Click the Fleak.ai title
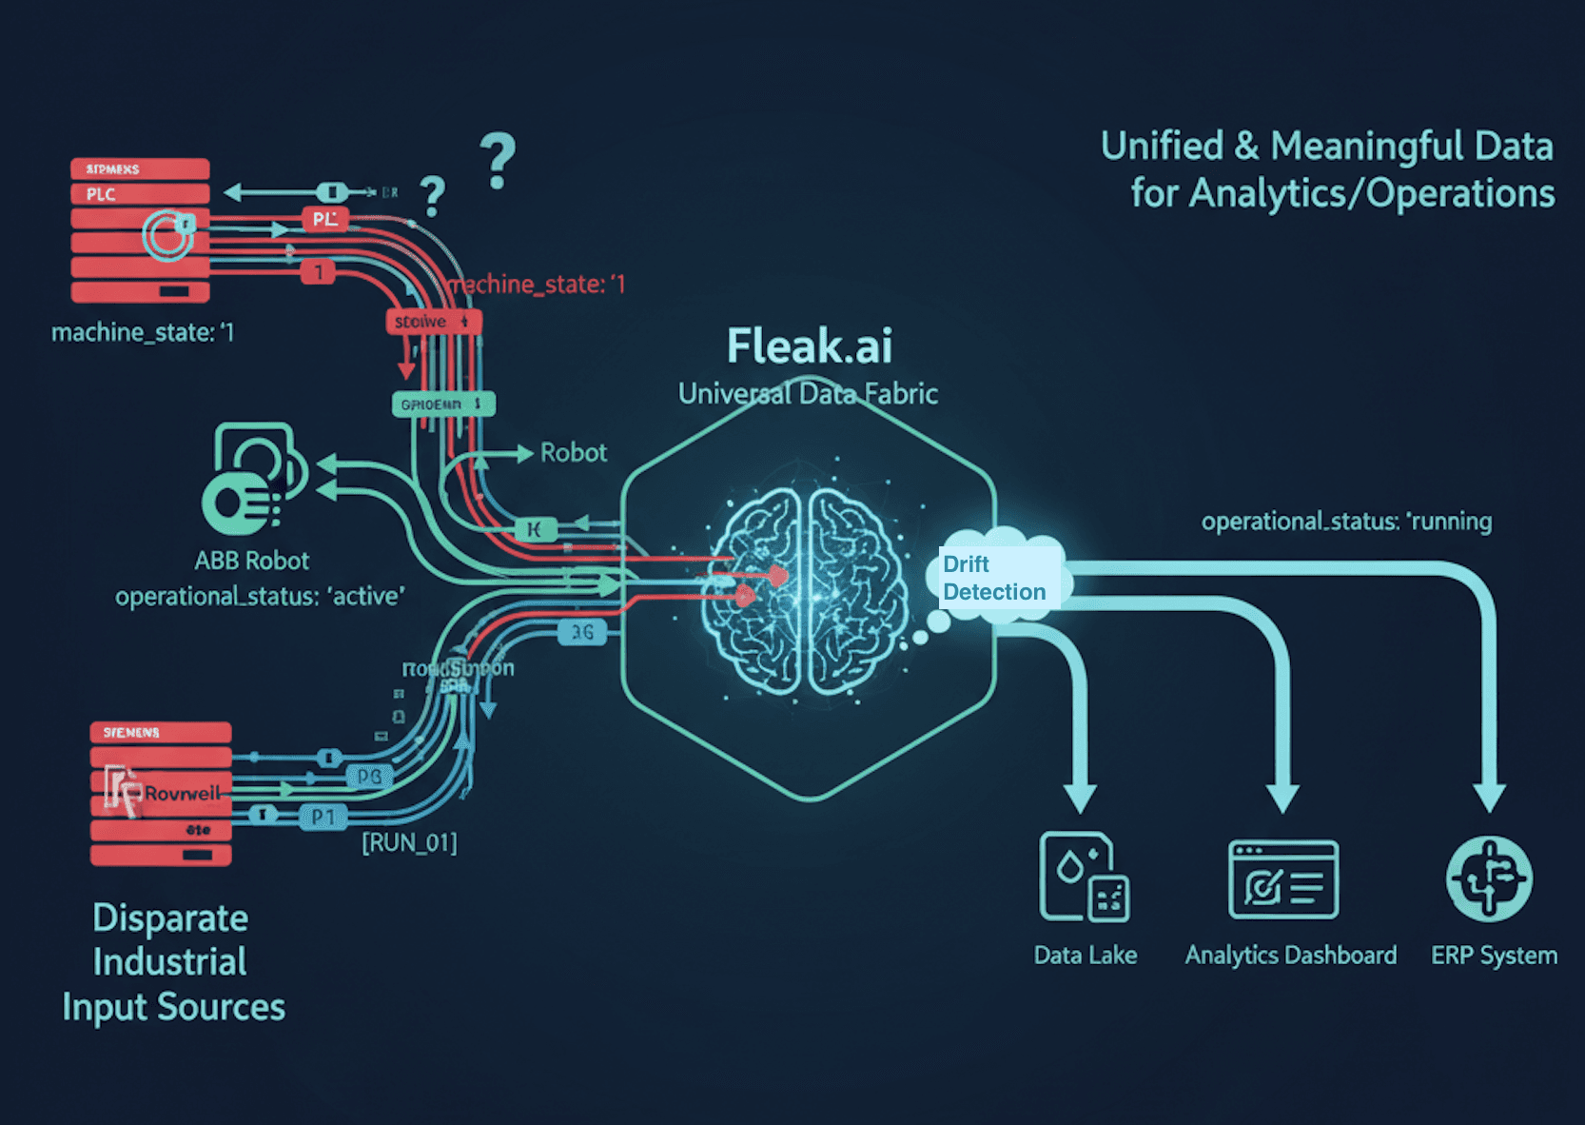tap(809, 346)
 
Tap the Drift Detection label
tap(994, 578)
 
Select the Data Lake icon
tap(1084, 877)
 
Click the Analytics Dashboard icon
tap(1282, 879)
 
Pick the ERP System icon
tap(1489, 878)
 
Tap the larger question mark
tap(498, 161)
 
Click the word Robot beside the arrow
tap(573, 453)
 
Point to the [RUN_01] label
tap(409, 843)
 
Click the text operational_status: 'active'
tap(260, 597)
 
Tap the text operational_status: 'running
tap(1346, 522)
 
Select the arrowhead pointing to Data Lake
tap(1080, 798)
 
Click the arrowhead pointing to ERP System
tap(1489, 796)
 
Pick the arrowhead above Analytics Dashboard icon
tap(1282, 798)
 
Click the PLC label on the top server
tap(101, 194)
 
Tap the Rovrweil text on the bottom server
tap(182, 793)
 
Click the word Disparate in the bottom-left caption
tap(170, 918)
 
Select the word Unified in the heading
tap(1162, 147)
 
